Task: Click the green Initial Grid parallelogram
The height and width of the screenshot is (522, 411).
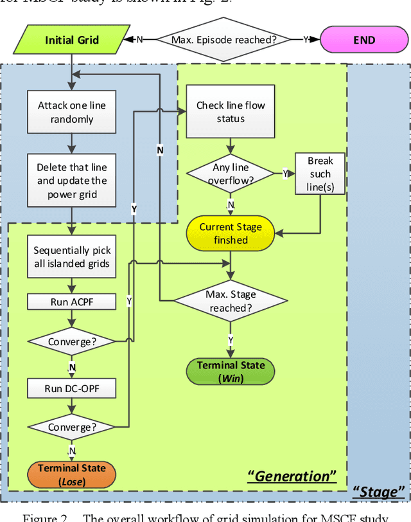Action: [72, 40]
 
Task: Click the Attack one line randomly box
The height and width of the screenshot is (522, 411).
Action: [72, 113]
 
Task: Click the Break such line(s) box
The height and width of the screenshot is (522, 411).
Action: [320, 174]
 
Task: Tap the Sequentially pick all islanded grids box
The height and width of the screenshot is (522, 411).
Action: [72, 257]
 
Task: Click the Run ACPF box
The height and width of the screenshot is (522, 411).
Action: [72, 301]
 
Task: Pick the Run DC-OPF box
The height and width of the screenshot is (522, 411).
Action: [72, 388]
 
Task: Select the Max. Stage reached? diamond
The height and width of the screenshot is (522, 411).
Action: [232, 301]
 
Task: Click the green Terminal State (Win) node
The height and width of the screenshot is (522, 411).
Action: [231, 372]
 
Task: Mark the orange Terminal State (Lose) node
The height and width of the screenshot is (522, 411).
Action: [71, 474]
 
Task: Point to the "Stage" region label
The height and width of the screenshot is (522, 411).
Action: [377, 492]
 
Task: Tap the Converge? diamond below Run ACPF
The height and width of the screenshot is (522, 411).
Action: [72, 341]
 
